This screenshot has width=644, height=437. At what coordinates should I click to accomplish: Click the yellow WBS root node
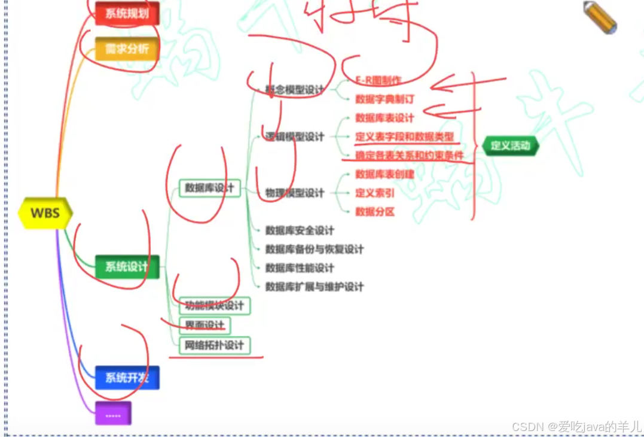click(x=45, y=213)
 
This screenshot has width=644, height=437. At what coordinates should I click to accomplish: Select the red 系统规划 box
click(x=127, y=13)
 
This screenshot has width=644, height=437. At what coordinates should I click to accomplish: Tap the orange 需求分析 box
click(x=127, y=48)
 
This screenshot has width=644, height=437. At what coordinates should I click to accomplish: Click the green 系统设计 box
click(x=127, y=266)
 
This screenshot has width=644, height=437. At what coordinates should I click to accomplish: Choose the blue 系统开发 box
click(x=127, y=378)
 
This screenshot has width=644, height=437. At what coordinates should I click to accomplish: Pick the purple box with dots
click(x=113, y=414)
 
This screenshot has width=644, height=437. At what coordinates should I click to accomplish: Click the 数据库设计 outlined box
click(x=209, y=188)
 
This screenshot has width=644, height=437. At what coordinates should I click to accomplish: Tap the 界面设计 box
click(x=205, y=325)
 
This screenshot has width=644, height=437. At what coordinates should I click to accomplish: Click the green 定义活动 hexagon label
click(x=510, y=145)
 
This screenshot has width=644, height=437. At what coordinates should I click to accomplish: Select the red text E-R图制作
click(x=378, y=80)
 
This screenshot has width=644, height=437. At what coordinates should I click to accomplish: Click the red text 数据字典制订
click(x=384, y=99)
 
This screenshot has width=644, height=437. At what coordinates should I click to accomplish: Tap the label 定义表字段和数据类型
click(x=404, y=136)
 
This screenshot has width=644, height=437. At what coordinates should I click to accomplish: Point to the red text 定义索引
click(x=375, y=193)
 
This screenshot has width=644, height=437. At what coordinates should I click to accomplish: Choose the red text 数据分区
click(x=375, y=211)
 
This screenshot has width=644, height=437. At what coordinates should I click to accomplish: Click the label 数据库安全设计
click(x=300, y=230)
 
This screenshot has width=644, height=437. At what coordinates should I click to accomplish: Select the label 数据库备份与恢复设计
click(x=314, y=249)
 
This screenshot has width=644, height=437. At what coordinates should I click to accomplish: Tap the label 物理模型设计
click(x=295, y=193)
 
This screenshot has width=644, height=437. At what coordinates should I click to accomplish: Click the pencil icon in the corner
click(x=600, y=17)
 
